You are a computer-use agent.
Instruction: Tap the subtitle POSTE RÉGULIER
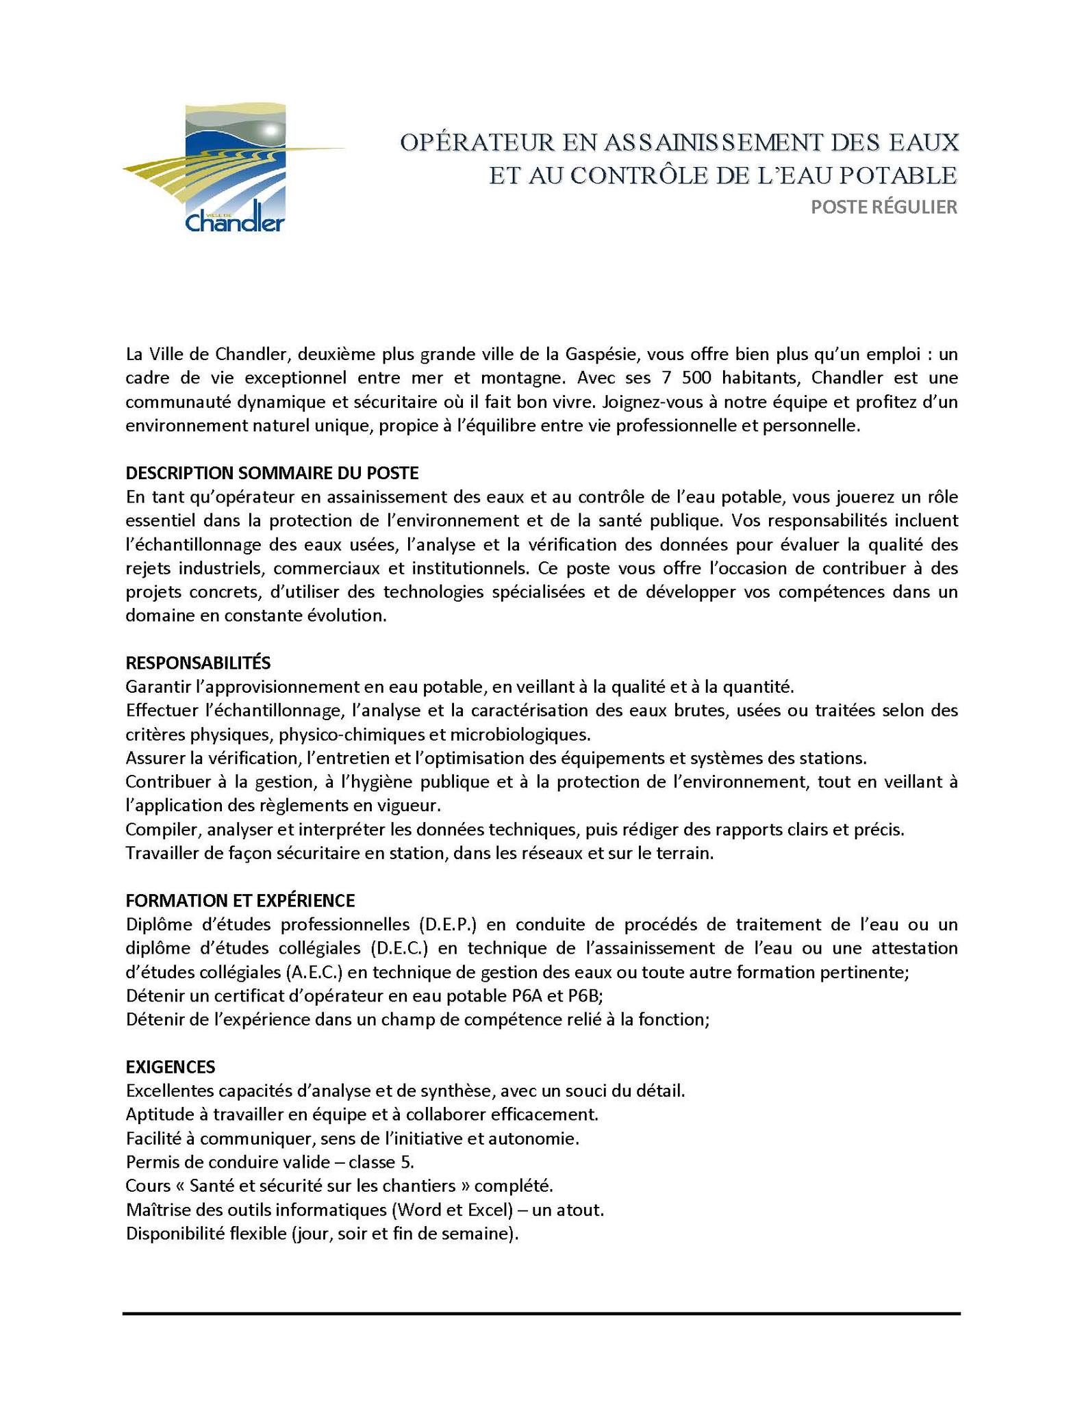click(883, 207)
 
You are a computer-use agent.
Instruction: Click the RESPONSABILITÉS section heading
click(198, 663)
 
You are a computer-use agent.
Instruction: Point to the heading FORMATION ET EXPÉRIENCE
click(240, 900)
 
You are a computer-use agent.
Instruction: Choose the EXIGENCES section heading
click(170, 1067)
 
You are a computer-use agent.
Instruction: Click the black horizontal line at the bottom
click(541, 1314)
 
